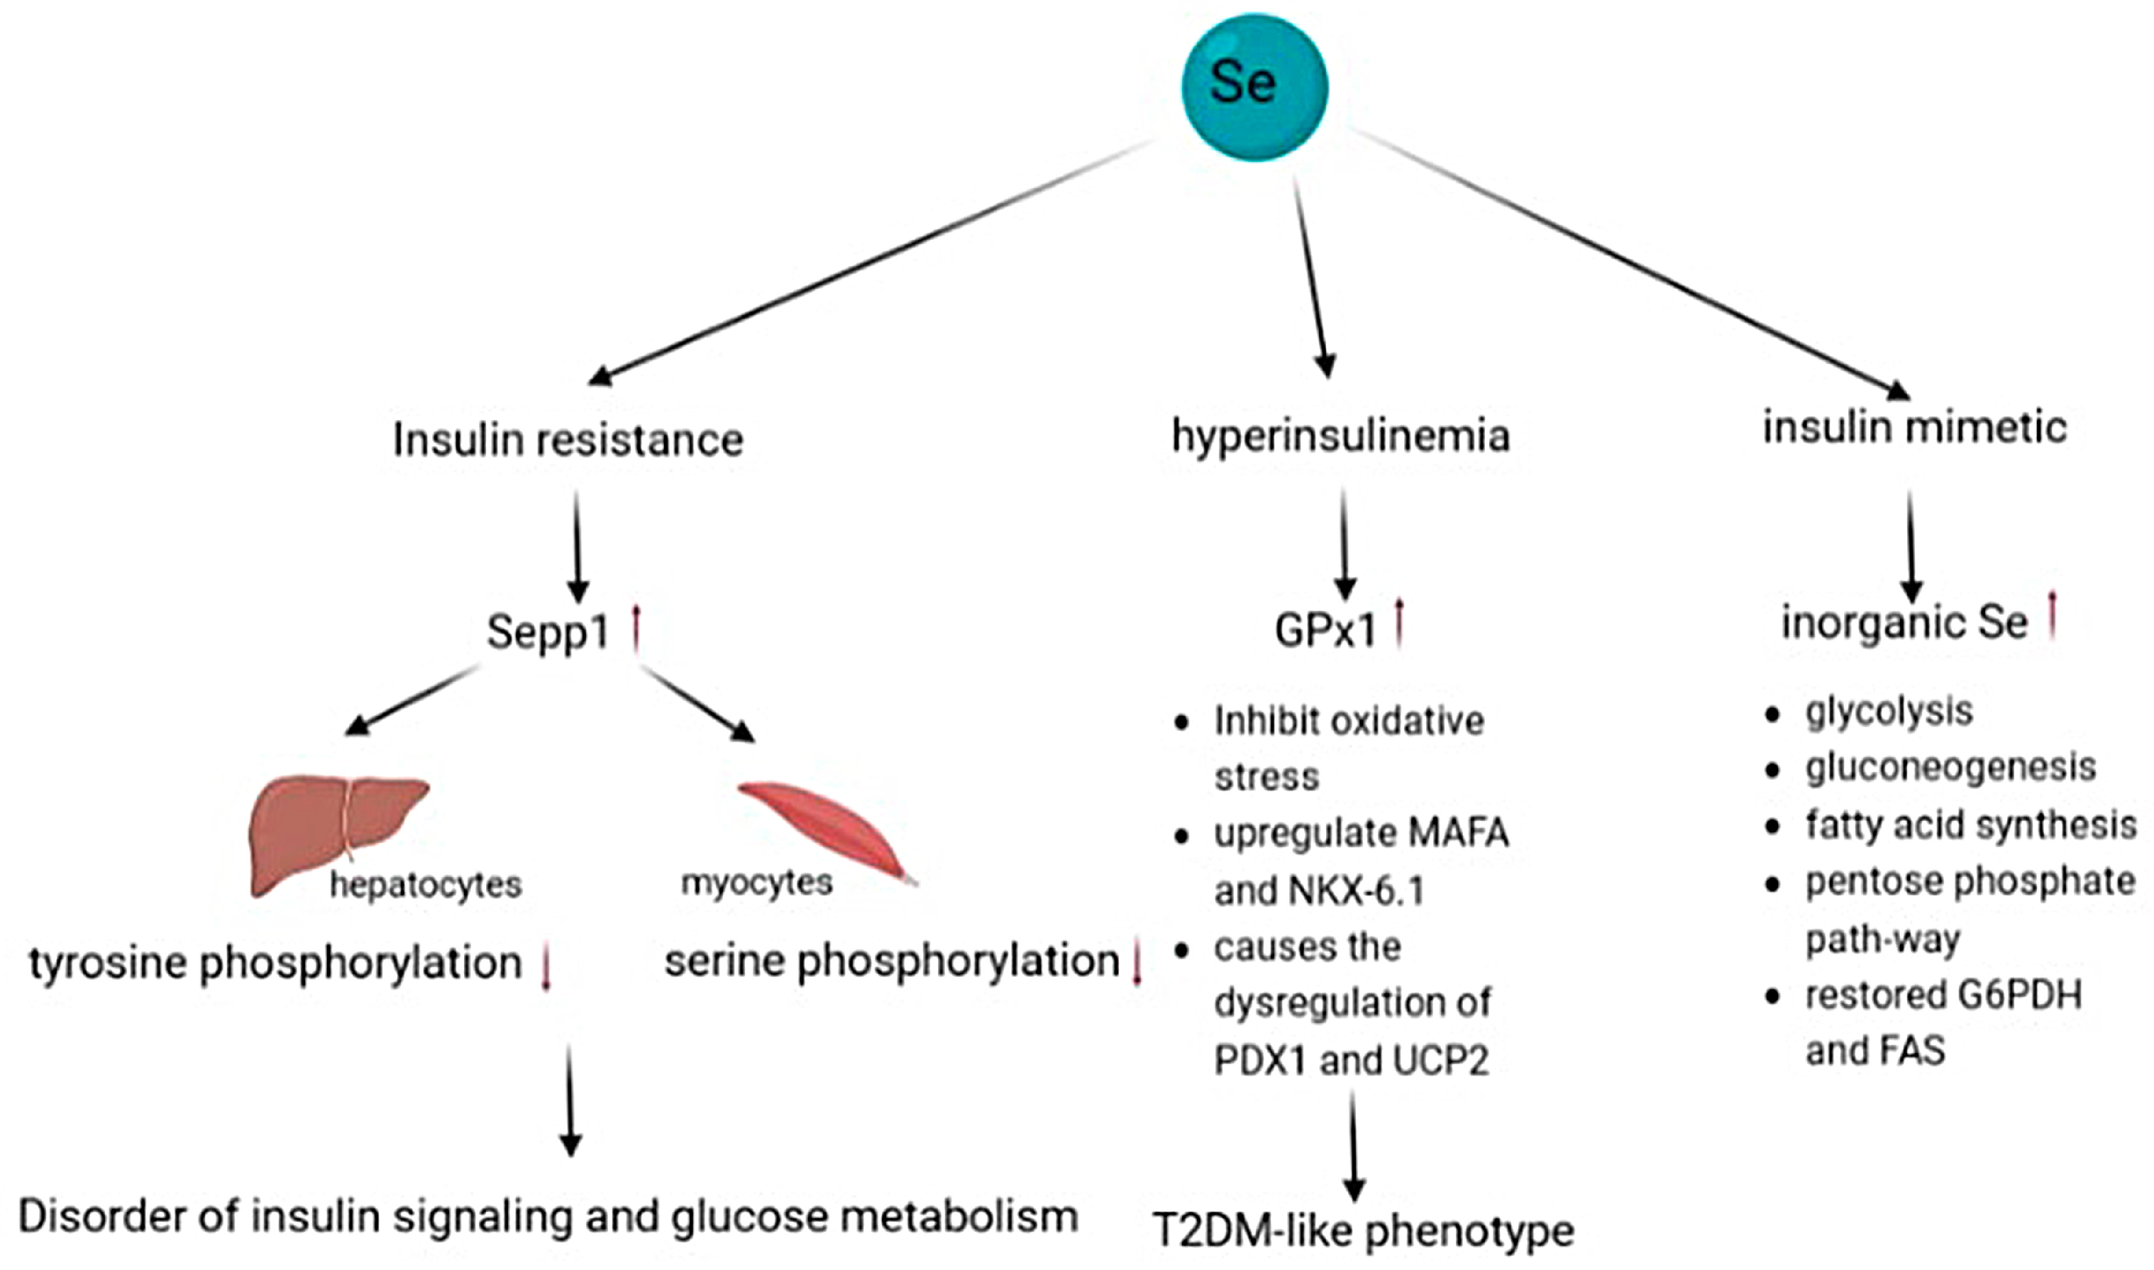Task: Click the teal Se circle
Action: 1254,87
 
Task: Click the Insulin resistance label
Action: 568,440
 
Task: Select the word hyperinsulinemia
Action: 1340,435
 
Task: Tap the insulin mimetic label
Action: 1914,426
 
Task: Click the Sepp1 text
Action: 548,632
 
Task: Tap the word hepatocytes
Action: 425,884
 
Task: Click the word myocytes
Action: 756,881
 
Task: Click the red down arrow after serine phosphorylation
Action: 1137,963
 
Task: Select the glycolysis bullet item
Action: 1889,711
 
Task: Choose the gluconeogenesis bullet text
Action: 1950,767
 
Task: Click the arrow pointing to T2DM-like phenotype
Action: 1353,1147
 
